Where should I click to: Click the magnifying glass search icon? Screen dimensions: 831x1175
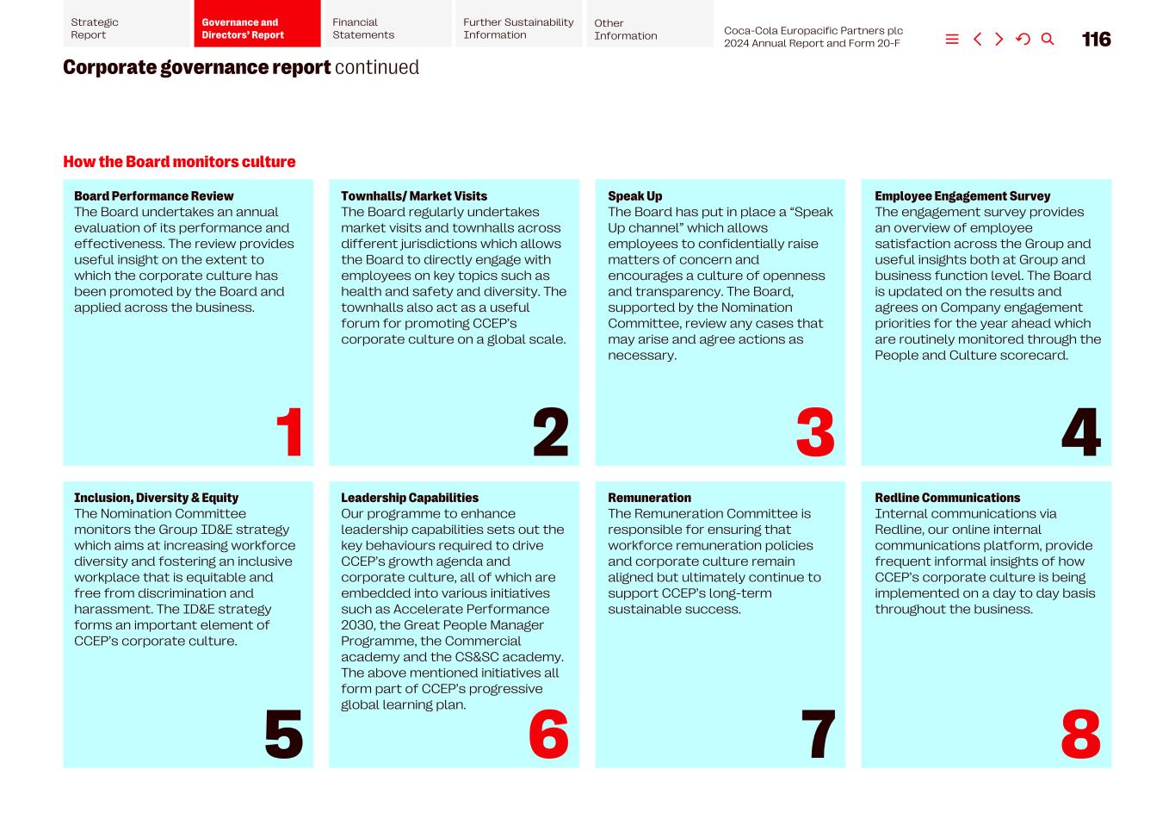coord(1048,39)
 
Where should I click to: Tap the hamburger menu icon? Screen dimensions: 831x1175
coord(952,39)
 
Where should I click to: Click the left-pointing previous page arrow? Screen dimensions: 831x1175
coord(977,39)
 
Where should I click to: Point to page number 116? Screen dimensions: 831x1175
coord(1096,39)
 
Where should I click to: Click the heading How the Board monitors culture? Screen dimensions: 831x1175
coord(179,162)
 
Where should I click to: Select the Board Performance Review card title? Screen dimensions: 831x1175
coord(154,196)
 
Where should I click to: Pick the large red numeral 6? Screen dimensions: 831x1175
coord(548,734)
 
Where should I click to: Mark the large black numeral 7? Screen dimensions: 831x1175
coord(818,734)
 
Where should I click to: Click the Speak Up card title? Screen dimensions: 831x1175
coord(635,196)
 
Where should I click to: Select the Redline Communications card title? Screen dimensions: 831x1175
coord(947,498)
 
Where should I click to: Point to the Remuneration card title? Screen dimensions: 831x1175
coord(649,498)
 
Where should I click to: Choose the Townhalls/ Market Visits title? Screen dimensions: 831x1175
coord(414,196)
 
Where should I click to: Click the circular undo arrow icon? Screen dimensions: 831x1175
coord(1023,39)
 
